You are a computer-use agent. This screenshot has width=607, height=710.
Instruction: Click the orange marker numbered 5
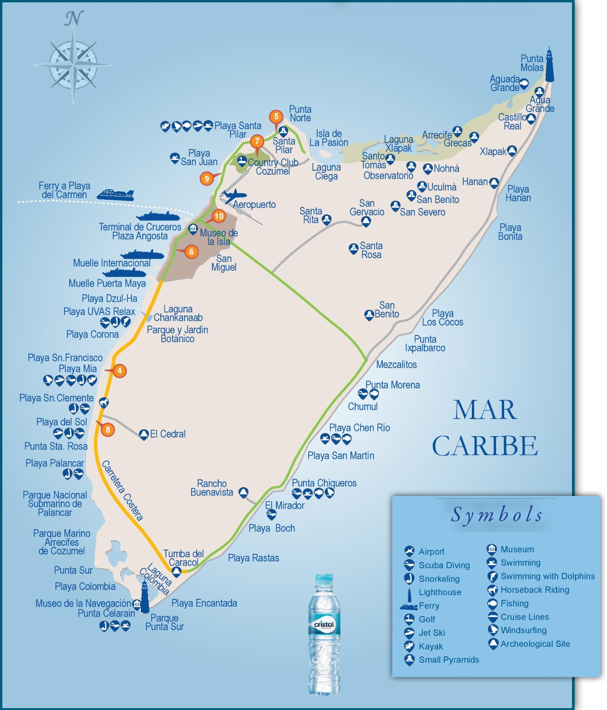(276, 116)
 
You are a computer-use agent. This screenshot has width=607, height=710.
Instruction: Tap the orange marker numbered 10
(219, 216)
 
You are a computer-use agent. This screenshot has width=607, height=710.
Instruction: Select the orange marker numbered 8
(108, 430)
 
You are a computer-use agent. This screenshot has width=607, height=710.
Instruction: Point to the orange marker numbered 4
(120, 371)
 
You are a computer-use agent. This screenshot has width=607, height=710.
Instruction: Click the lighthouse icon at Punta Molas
(549, 65)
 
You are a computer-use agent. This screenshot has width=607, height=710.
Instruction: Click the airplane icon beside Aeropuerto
(234, 196)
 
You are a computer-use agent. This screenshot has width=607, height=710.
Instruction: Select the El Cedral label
(167, 434)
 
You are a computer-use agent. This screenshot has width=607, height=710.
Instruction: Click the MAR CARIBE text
(485, 428)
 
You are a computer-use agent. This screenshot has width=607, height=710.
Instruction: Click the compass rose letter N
(74, 19)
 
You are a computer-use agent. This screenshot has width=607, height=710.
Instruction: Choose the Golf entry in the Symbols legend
(426, 619)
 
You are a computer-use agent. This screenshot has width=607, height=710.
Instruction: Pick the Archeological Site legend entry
(534, 644)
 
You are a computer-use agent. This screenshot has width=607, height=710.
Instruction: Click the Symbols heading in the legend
(497, 514)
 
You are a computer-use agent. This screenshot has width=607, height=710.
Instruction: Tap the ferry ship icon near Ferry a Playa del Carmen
(115, 195)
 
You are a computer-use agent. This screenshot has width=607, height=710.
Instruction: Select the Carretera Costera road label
(122, 490)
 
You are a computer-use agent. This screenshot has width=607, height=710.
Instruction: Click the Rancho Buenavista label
(212, 488)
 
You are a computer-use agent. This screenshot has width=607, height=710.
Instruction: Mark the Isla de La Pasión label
(329, 138)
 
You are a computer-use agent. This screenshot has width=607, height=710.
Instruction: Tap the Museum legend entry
(517, 549)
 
